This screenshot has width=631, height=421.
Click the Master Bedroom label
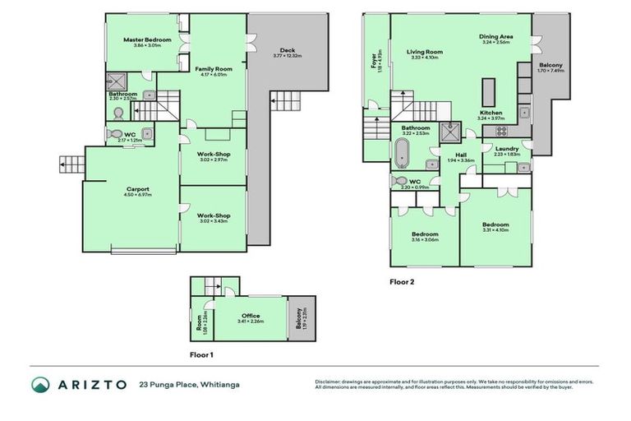(x=147, y=39)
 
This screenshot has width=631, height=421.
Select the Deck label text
(x=287, y=51)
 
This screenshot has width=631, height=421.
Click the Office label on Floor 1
(x=251, y=315)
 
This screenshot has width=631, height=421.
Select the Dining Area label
(x=496, y=36)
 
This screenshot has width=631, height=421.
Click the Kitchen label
(x=491, y=113)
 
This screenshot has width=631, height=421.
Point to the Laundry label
(x=506, y=148)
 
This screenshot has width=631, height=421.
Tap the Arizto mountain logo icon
(x=40, y=385)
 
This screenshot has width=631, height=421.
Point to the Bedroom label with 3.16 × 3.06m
(x=425, y=234)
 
